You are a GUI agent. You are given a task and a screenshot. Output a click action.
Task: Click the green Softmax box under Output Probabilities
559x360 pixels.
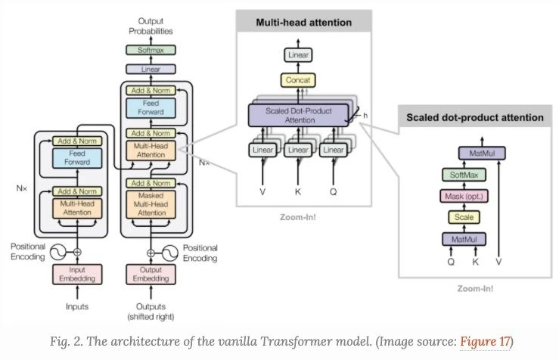151,50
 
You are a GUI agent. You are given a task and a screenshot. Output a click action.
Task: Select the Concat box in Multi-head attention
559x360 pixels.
298,80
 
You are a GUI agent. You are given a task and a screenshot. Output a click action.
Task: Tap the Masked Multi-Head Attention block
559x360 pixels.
151,204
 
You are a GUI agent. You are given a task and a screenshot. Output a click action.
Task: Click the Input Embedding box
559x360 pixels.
77,274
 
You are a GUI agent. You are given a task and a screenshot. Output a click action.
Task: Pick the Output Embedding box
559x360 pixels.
151,274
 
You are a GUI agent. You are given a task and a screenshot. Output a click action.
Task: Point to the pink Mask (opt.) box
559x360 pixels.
464,196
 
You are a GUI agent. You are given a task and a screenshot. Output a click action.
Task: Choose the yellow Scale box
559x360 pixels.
464,217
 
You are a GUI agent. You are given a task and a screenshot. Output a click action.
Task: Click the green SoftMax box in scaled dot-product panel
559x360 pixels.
464,175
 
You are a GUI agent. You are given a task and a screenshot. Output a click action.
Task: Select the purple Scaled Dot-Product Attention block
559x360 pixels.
298,115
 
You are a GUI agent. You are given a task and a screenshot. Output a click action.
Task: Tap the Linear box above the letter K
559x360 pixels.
298,150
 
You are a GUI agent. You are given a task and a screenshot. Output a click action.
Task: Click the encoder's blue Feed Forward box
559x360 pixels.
77,157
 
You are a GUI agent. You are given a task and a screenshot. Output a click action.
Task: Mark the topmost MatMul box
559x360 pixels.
482,154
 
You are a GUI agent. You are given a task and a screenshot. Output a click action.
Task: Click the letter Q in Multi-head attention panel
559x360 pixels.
333,192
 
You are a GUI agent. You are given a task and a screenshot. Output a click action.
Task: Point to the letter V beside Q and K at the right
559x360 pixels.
498,262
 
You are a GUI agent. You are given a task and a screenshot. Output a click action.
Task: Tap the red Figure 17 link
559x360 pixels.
485,341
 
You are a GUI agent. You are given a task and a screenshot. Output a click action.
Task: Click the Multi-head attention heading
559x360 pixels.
304,23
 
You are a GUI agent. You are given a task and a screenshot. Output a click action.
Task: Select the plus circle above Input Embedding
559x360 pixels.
77,253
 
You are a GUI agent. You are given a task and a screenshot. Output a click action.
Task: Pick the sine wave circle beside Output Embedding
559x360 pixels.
170,253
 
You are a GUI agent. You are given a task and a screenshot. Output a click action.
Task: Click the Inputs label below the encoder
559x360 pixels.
77,306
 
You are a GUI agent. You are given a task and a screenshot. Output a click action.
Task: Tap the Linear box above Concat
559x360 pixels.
298,55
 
